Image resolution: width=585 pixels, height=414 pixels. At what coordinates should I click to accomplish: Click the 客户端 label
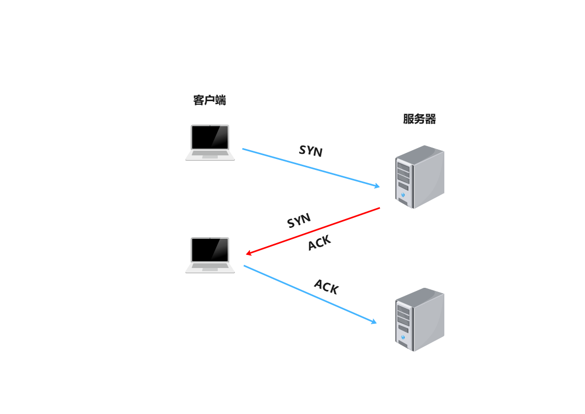(209, 100)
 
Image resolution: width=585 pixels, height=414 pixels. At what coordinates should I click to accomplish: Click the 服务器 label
(419, 119)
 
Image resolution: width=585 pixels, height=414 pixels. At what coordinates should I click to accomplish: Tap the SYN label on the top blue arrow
(311, 151)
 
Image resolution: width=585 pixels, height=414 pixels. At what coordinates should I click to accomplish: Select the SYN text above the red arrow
(299, 220)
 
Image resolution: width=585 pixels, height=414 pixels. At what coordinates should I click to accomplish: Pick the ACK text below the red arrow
(319, 243)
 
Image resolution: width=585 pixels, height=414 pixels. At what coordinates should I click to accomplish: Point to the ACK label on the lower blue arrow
(327, 286)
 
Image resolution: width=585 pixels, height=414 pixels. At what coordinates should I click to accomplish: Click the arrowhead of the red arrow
(249, 254)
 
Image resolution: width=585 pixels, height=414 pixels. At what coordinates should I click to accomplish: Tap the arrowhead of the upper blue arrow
(377, 186)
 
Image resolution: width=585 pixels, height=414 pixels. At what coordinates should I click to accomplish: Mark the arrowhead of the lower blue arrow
(373, 322)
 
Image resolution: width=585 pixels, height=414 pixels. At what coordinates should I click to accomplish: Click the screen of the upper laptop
(210, 137)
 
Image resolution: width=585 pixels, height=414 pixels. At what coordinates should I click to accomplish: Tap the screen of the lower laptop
(210, 250)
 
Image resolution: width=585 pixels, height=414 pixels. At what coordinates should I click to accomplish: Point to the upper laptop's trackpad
(210, 155)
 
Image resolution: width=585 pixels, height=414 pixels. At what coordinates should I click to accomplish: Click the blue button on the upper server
(403, 195)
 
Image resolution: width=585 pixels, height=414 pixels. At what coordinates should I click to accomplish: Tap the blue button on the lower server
(403, 337)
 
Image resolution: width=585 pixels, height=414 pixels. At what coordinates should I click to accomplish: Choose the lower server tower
(419, 319)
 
